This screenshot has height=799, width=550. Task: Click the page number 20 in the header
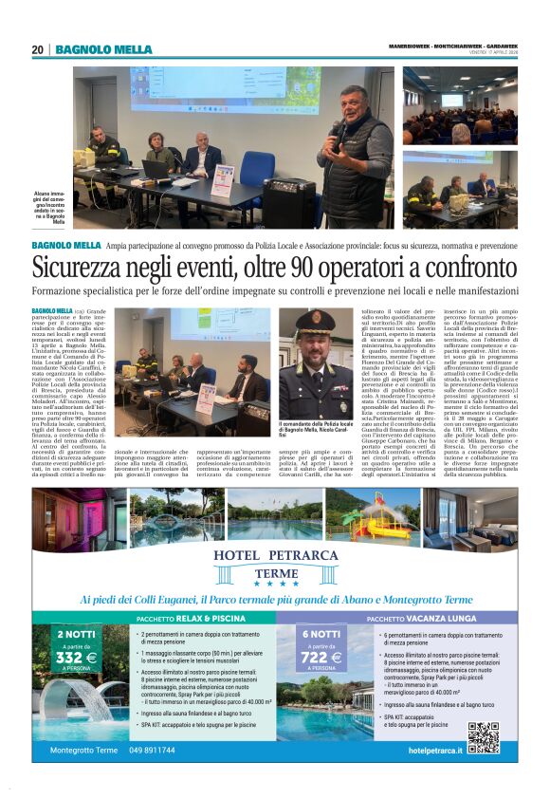tap(37, 49)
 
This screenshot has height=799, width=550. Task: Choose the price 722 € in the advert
tap(321, 656)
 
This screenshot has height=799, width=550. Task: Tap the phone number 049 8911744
tap(152, 750)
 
